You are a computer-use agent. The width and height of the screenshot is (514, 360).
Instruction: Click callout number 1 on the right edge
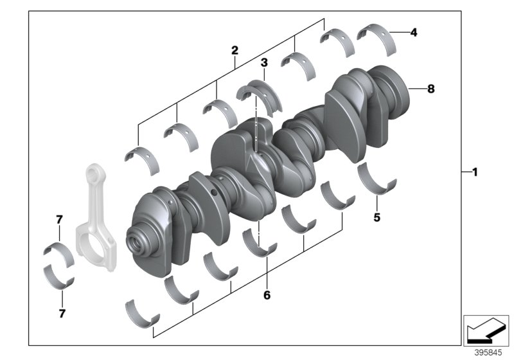tap(474, 172)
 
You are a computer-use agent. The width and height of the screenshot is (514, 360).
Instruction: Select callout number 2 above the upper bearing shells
tap(235, 50)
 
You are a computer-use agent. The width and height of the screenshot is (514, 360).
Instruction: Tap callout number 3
tap(263, 62)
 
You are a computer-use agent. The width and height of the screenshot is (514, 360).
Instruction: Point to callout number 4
tap(414, 31)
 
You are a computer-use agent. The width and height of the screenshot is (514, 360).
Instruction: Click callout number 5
tap(377, 217)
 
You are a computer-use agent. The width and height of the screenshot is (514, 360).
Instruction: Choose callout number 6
tap(267, 296)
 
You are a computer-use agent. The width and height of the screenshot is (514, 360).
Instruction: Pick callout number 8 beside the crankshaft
tap(431, 89)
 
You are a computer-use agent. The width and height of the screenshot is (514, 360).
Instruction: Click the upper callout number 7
tap(58, 220)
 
